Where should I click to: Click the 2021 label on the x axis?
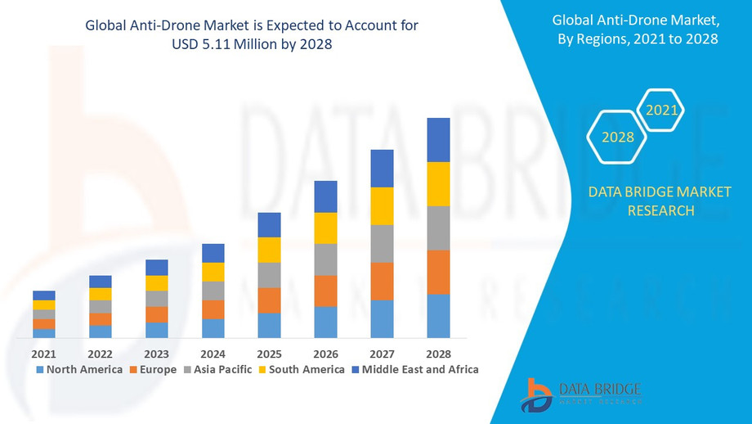(x=43, y=354)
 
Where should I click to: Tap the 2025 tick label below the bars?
(x=269, y=354)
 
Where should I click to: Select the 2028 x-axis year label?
(x=438, y=354)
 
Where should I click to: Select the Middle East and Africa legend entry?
(x=414, y=369)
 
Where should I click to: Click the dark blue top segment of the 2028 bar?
(x=439, y=140)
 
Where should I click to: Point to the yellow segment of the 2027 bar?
(x=383, y=205)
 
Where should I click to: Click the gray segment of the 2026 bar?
(x=326, y=259)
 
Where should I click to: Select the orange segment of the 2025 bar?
(x=270, y=300)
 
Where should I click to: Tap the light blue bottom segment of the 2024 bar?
(x=213, y=328)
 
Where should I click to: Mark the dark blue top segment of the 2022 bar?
(x=101, y=282)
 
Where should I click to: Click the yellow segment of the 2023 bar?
(x=157, y=283)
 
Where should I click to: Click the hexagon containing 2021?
(x=660, y=110)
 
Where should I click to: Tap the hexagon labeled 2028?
(x=618, y=137)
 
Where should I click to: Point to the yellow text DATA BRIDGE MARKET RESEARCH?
(x=660, y=201)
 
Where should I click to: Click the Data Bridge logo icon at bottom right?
(x=537, y=395)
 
